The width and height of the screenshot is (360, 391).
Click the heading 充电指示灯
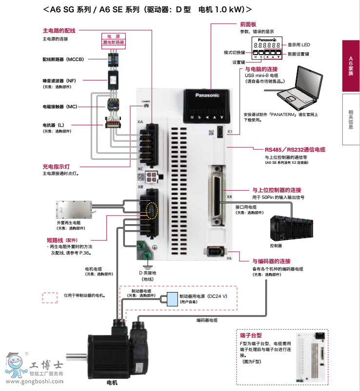[56, 166]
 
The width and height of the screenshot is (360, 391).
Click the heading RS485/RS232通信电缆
[295, 150]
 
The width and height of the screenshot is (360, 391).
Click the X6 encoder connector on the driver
[216, 252]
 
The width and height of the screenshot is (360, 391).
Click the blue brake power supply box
[172, 298]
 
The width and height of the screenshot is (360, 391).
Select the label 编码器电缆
[207, 320]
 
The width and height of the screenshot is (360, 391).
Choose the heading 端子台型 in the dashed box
[251, 336]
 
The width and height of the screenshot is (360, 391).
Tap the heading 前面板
[248, 24]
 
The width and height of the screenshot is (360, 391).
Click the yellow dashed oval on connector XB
[152, 211]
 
